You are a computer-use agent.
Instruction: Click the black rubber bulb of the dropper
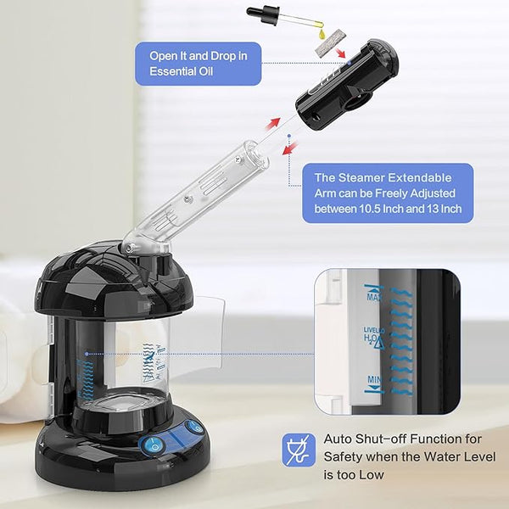tap(256, 11)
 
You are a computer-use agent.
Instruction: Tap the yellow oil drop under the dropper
tap(322, 33)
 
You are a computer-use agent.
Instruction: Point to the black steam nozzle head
tap(347, 85)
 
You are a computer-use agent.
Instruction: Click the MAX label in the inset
tap(373, 297)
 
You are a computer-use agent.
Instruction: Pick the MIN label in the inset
tap(374, 379)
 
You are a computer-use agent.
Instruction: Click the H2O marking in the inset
tap(371, 338)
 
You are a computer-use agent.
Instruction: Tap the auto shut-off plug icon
tap(299, 450)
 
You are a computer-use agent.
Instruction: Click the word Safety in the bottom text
tap(343, 456)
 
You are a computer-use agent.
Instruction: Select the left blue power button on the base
tap(152, 444)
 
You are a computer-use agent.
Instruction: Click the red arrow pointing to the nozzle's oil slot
tap(340, 53)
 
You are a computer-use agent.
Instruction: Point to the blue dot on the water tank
tap(87, 354)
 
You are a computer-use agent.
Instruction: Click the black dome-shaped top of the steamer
tap(113, 279)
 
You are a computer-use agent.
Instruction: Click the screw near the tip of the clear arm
tap(238, 159)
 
